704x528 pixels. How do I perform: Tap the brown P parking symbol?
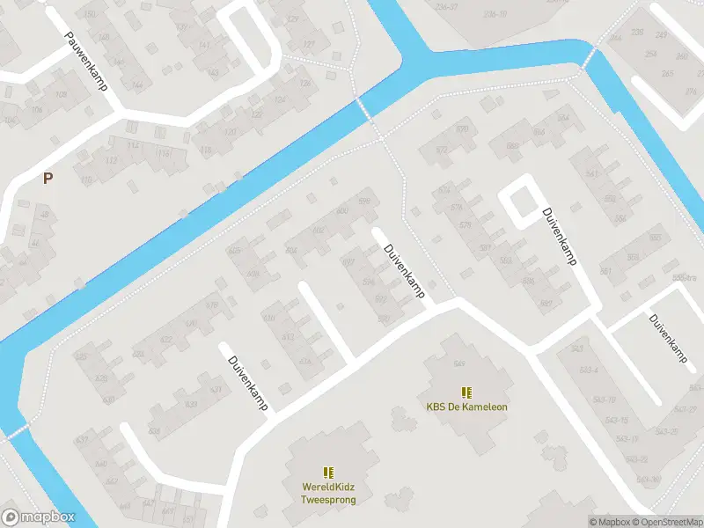pyautogui.click(x=48, y=178)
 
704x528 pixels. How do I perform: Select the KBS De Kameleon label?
pyautogui.click(x=466, y=407)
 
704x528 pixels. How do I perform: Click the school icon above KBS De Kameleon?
pyautogui.click(x=466, y=392)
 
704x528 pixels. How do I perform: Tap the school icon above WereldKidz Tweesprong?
pyautogui.click(x=327, y=473)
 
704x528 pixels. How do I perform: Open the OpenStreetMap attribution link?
pyautogui.click(x=667, y=522)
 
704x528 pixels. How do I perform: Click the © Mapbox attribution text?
pyautogui.click(x=610, y=522)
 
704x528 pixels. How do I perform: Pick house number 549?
pyautogui.click(x=458, y=364)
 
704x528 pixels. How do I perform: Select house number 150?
pyautogui.click(x=88, y=15)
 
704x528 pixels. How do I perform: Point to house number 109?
pyautogui.click(x=61, y=95)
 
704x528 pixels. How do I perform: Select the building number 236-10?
pyautogui.click(x=495, y=14)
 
